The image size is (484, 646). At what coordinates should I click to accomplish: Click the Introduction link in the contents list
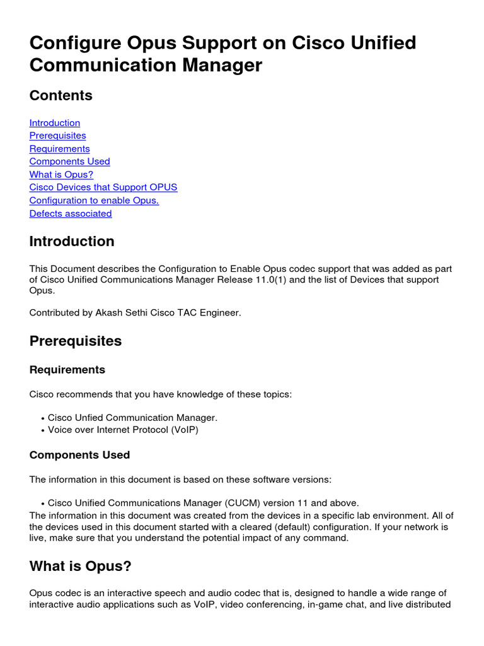click(x=55, y=123)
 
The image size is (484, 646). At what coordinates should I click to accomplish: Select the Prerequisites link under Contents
click(x=58, y=136)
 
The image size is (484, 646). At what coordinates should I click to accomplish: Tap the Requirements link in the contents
click(x=60, y=149)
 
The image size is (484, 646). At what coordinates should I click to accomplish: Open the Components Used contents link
click(x=70, y=161)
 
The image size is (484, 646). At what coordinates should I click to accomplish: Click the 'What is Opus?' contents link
click(x=61, y=175)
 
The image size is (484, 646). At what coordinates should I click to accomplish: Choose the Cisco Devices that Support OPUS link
click(x=103, y=187)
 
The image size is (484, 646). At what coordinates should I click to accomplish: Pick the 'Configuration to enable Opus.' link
click(x=94, y=201)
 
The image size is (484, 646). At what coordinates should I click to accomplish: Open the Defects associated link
click(x=71, y=213)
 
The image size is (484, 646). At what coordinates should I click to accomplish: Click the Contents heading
click(x=61, y=96)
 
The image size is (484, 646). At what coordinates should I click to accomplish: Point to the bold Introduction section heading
click(x=72, y=242)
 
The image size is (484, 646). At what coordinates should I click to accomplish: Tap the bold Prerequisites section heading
click(x=76, y=341)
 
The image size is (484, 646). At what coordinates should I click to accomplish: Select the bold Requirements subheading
click(x=67, y=370)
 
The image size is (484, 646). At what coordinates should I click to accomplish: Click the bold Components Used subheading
click(x=80, y=455)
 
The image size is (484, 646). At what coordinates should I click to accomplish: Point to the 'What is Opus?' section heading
click(x=81, y=567)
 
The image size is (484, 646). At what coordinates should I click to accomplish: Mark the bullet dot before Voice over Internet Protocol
click(x=42, y=431)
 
